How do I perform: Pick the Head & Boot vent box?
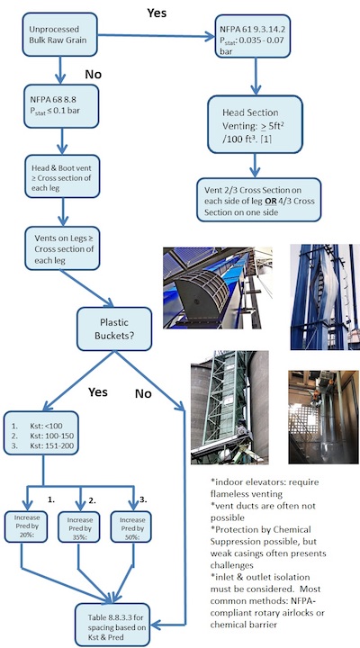click(x=61, y=178)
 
